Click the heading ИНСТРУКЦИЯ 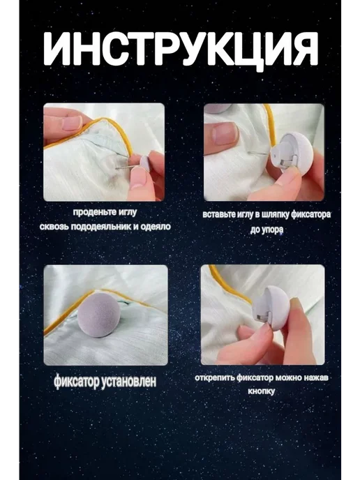(x=181, y=49)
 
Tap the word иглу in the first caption (x=127, y=212)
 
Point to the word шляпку (x=273, y=215)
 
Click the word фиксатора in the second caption (x=310, y=214)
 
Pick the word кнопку (x=261, y=391)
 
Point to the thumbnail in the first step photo (x=73, y=123)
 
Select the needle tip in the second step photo (x=248, y=152)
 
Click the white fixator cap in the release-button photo (x=271, y=308)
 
